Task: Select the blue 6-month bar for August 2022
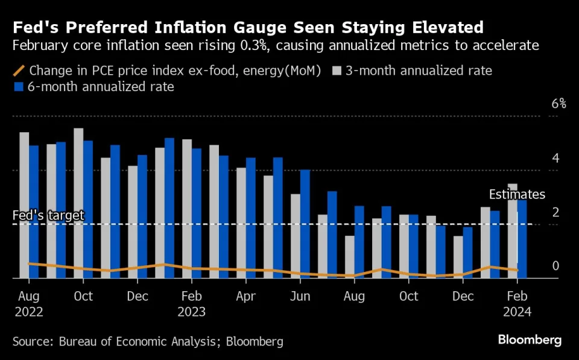pos(33,212)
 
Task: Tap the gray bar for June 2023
pos(296,236)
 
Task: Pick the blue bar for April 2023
pos(250,218)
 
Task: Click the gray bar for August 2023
pos(350,257)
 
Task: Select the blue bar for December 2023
pos(467,253)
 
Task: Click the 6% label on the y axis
pos(559,104)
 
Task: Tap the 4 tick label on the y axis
pos(556,158)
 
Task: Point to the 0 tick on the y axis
pos(556,266)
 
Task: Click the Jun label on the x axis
pos(300,296)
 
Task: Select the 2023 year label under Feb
pos(192,312)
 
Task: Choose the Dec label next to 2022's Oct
pos(138,296)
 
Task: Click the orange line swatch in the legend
pos(19,71)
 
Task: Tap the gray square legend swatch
pos(338,71)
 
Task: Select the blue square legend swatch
pos(19,87)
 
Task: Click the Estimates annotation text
pos(516,194)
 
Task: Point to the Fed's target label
pos(48,215)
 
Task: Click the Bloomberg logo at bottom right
pos(530,340)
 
